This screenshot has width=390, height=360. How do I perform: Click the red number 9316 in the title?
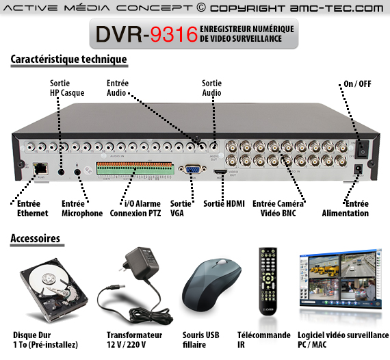coord(174,34)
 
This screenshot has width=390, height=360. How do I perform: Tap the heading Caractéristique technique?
coord(69,60)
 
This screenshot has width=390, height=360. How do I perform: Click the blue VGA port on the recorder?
coord(192,169)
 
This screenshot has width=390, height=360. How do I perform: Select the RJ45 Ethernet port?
coord(40,168)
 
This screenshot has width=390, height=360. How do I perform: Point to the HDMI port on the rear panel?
coord(220,171)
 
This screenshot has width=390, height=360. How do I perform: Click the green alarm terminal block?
coord(134,168)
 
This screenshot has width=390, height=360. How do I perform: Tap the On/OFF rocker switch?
coord(362,149)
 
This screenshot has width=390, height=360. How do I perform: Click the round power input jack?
coord(359,169)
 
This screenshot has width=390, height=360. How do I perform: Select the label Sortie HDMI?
coord(224,204)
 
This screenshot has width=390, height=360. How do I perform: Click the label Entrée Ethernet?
coord(32,209)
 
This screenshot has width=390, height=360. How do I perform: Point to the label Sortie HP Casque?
coord(67,88)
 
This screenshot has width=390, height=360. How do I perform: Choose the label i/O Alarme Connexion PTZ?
coord(135,209)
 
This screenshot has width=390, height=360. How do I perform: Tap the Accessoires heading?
coord(36,238)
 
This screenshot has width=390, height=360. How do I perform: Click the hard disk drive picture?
coord(53,290)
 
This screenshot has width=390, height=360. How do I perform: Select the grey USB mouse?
coord(211,285)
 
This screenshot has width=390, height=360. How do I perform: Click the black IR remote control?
coord(268,281)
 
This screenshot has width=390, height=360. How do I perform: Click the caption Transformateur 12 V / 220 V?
coord(134,340)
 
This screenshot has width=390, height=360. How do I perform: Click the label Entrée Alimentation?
coord(346,209)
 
